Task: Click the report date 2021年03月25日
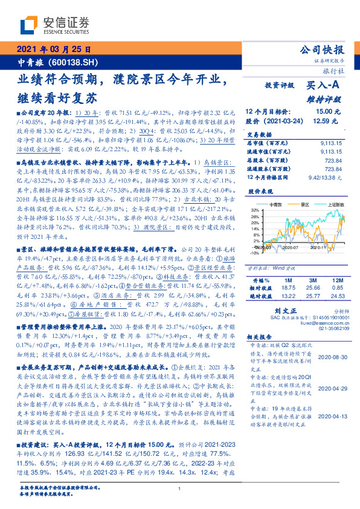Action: point(53,50)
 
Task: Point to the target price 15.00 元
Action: point(331,112)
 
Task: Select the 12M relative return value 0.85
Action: point(337,272)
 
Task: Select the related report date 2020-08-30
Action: point(332,358)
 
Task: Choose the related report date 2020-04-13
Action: point(332,417)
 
